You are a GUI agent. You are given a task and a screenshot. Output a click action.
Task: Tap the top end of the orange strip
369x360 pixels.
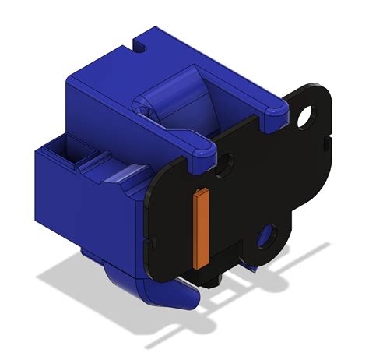click(x=200, y=192)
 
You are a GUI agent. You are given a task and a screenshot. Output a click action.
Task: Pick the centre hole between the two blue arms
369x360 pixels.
click(x=225, y=164)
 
